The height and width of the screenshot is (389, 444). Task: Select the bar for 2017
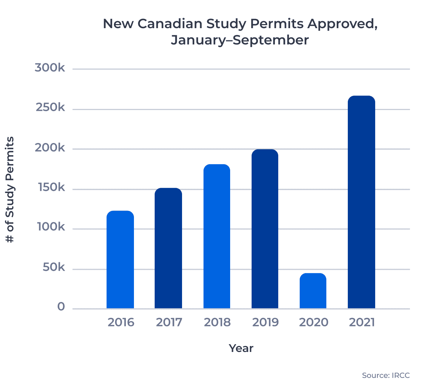pyautogui.click(x=168, y=248)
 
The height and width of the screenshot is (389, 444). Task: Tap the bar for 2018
pyautogui.click(x=217, y=236)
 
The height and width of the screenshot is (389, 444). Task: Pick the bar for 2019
pyautogui.click(x=265, y=229)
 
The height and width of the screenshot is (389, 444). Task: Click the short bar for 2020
pyautogui.click(x=313, y=291)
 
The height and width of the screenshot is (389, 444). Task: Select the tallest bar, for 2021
pyautogui.click(x=361, y=202)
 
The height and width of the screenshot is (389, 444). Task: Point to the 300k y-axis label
pyautogui.click(x=50, y=68)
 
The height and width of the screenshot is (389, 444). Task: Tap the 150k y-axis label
pyautogui.click(x=51, y=187)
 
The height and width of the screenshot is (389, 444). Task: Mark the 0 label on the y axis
pyautogui.click(x=61, y=307)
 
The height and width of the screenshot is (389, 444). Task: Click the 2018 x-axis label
pyautogui.click(x=217, y=322)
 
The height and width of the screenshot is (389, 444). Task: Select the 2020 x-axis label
pyautogui.click(x=313, y=322)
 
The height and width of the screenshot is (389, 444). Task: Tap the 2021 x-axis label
pyautogui.click(x=362, y=322)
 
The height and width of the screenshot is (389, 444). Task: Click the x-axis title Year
pyautogui.click(x=241, y=348)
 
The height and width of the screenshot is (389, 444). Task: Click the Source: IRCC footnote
pyautogui.click(x=386, y=376)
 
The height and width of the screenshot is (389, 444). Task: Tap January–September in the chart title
pyautogui.click(x=240, y=40)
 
